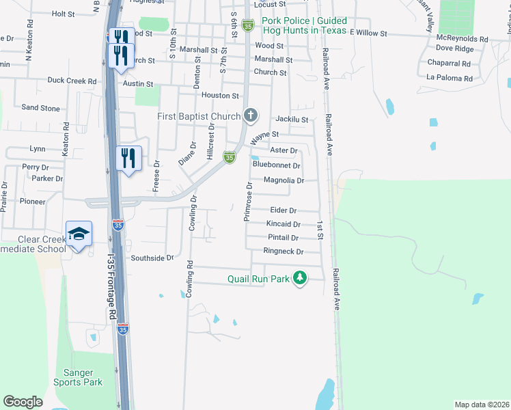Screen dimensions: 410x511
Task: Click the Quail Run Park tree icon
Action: [299, 277]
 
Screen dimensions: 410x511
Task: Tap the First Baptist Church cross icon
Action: [251, 115]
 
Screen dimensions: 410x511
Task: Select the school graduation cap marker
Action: [79, 234]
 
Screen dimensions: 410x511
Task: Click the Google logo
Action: [23, 402]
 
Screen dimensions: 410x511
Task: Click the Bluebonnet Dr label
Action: [277, 165]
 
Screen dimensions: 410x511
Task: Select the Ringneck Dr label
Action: [283, 251]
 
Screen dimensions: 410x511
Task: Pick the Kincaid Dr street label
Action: [284, 224]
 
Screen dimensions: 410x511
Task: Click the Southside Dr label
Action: [153, 258]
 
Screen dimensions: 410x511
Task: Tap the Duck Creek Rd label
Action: [72, 81]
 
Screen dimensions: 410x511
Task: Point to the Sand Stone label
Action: [40, 108]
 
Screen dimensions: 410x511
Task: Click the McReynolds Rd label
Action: [462, 40]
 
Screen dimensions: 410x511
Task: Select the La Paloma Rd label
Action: [449, 79]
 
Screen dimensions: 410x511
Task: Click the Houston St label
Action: [220, 96]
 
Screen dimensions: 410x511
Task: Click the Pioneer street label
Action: [32, 202]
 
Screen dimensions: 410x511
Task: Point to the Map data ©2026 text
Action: [482, 405]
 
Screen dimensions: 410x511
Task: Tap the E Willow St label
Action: [368, 33]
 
